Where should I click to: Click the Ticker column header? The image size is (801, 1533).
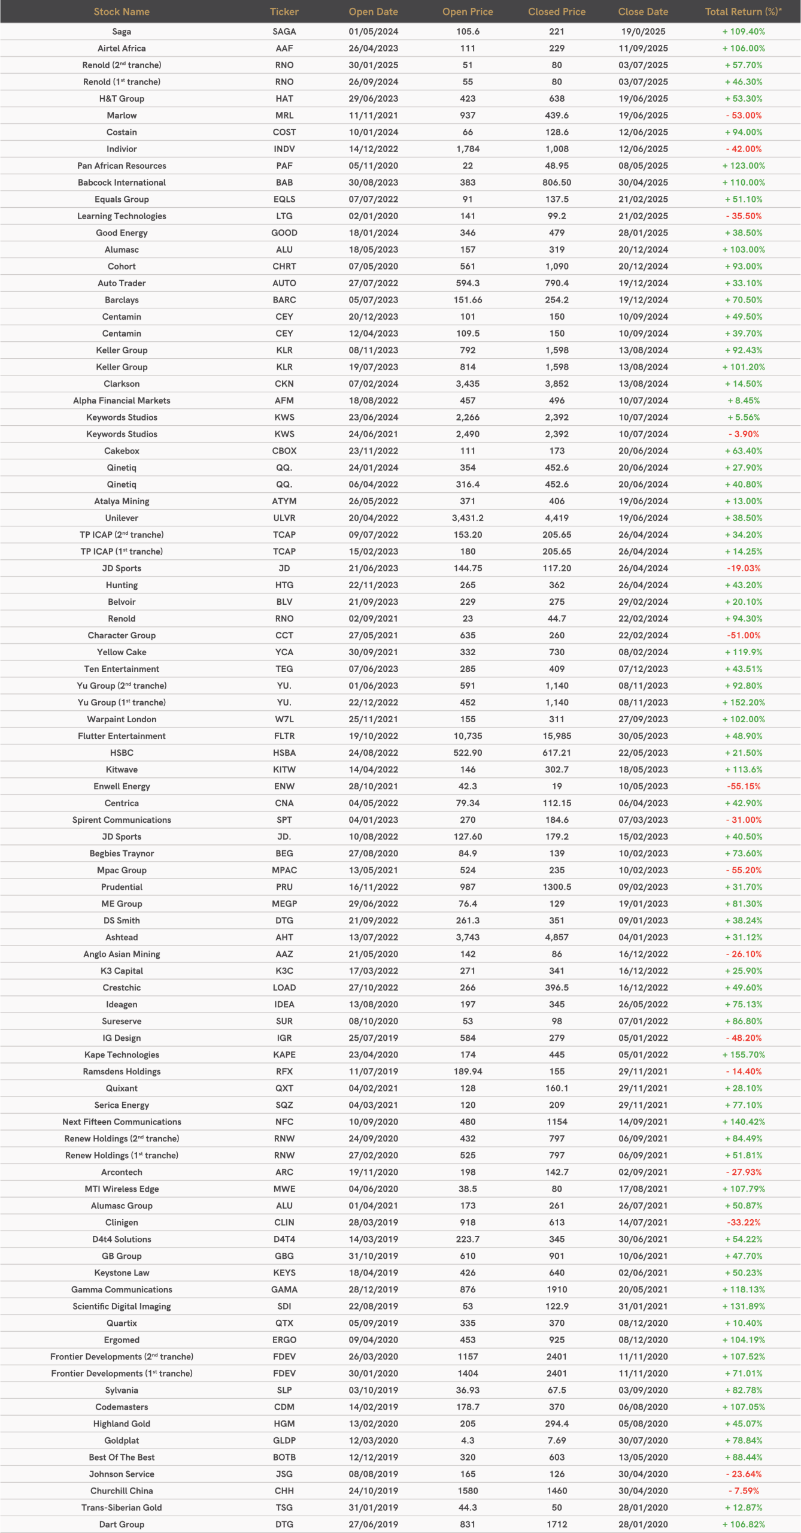click(x=284, y=12)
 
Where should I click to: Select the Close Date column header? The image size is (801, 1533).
click(x=643, y=12)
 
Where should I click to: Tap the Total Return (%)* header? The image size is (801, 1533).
click(x=743, y=12)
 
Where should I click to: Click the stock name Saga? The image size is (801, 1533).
click(x=122, y=32)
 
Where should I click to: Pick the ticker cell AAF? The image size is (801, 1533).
click(x=284, y=49)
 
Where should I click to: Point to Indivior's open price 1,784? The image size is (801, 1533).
click(x=468, y=149)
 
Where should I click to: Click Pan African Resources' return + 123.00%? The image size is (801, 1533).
click(x=744, y=166)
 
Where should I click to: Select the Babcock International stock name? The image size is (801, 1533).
click(x=122, y=183)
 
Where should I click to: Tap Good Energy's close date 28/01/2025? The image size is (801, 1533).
click(x=643, y=233)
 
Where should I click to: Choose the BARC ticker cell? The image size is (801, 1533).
click(x=284, y=300)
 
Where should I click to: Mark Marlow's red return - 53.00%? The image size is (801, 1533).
click(x=744, y=116)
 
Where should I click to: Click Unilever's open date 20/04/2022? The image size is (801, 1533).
click(x=373, y=518)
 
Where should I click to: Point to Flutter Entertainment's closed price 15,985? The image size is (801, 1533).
click(x=557, y=736)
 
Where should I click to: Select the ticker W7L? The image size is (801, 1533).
click(x=284, y=719)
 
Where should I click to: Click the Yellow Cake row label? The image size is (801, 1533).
click(x=122, y=652)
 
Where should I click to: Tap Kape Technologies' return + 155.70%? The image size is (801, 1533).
click(x=744, y=1055)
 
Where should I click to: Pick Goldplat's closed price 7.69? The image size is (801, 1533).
click(x=557, y=1440)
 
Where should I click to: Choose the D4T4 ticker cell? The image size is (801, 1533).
click(x=284, y=1239)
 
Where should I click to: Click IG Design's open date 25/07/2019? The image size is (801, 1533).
click(x=373, y=1038)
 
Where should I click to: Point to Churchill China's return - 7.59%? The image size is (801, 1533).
click(x=744, y=1490)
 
